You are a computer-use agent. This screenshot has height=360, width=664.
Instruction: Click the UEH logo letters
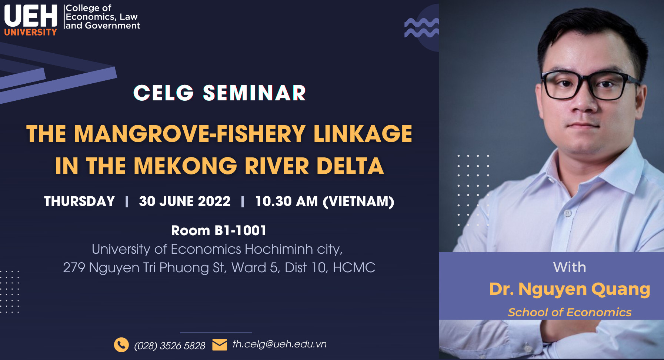click(31, 16)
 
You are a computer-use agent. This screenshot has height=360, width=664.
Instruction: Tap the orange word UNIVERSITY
click(31, 32)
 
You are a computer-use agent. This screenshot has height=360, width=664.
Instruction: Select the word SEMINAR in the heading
click(254, 93)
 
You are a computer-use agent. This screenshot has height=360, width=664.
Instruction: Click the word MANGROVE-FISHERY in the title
click(190, 134)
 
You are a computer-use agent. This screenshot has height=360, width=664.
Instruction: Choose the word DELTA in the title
click(350, 166)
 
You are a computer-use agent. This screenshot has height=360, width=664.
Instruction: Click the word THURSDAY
click(79, 201)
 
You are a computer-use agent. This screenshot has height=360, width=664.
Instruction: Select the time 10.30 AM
click(287, 201)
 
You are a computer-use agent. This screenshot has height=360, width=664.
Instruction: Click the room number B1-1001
click(240, 230)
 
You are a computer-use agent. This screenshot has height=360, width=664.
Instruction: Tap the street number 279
click(74, 267)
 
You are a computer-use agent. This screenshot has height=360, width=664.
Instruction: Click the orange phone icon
click(121, 345)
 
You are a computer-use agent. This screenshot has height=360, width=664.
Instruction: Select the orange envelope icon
click(220, 345)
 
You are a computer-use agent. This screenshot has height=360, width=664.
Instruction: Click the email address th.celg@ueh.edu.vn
click(280, 344)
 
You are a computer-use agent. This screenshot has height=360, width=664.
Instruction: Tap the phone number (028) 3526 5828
click(170, 346)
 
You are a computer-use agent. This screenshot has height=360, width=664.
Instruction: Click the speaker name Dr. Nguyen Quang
click(570, 290)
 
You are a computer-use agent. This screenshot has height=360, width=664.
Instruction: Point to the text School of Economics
click(570, 312)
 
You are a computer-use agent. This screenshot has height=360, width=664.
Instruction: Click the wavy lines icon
click(421, 28)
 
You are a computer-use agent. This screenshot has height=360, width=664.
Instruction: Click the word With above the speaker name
click(570, 267)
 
